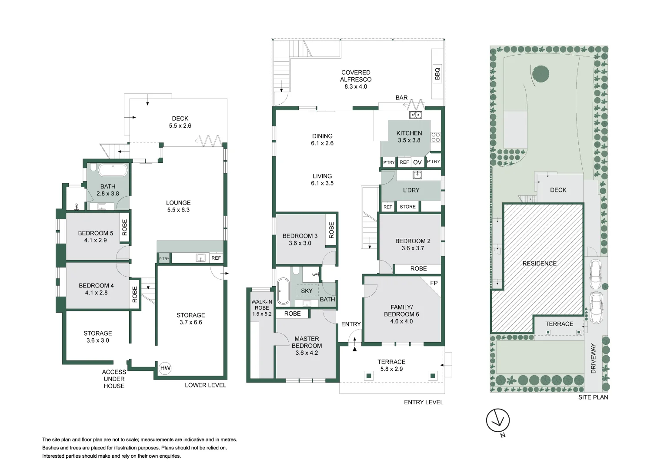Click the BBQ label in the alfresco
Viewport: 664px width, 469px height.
[x=437, y=74]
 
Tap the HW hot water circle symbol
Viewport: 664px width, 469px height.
[x=165, y=368]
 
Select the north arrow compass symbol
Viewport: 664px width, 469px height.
[x=498, y=420]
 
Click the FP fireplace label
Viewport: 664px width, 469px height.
[x=434, y=283]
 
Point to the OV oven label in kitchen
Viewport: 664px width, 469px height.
[x=417, y=162]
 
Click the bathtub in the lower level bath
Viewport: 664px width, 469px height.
[x=113, y=170]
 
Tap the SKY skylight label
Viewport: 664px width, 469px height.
[x=307, y=291]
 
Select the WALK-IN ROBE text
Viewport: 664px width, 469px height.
[x=262, y=308]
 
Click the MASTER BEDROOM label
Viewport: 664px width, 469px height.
[x=307, y=342]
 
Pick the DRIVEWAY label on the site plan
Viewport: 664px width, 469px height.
[x=594, y=358]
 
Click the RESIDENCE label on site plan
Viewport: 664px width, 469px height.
[x=539, y=264]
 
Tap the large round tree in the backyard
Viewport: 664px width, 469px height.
[x=541, y=74]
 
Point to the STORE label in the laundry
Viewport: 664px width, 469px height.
[x=407, y=207]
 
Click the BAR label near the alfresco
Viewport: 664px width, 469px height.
[x=401, y=98]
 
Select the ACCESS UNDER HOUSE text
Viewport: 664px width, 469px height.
[x=114, y=379]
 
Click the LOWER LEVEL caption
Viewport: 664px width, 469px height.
[x=205, y=385]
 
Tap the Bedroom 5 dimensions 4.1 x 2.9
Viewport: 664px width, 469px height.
[x=95, y=240]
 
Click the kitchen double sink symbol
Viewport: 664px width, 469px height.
[x=415, y=115]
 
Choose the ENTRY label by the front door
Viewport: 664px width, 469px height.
[x=351, y=324]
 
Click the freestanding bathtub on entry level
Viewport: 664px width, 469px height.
[x=283, y=291]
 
